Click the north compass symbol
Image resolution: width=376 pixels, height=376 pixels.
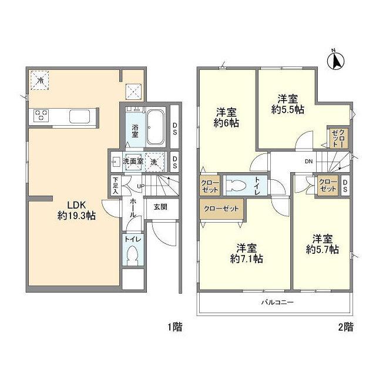coord(335,61)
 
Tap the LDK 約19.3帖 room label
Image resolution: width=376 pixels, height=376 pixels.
coord(76,210)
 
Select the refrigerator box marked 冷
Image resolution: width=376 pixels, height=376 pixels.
coord(40,80)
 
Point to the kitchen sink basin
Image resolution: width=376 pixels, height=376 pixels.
coord(80,116)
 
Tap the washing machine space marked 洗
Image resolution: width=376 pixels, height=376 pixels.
coord(155,162)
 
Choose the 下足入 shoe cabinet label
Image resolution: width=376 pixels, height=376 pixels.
coord(116,186)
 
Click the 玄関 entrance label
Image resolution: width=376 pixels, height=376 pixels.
coord(160,207)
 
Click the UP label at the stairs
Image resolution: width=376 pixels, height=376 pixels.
coord(140,186)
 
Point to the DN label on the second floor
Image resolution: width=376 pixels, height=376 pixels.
coord(309,162)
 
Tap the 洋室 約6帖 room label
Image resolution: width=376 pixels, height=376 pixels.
coord(226,117)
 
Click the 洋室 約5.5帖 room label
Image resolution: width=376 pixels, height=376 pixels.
coord(288,104)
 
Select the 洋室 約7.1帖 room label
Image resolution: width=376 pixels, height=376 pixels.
coord(247,253)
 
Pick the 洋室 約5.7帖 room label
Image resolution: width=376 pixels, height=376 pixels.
coord(323,244)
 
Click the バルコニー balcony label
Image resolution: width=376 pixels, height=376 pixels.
coord(277,302)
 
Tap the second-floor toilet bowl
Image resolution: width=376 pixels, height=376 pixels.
coord(236,186)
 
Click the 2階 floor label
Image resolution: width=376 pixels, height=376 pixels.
coord(345,327)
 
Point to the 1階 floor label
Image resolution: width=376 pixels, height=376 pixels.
coord(175,327)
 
